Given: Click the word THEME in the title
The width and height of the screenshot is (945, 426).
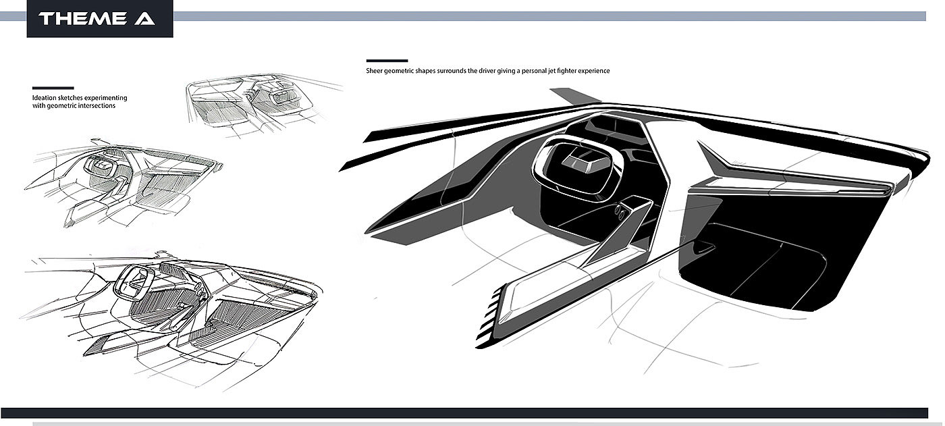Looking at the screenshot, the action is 82,19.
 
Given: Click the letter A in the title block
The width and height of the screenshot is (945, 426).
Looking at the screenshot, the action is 144,19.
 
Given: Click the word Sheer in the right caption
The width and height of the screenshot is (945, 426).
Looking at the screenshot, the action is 374,70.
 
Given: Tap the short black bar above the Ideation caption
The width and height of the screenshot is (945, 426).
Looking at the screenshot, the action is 53,88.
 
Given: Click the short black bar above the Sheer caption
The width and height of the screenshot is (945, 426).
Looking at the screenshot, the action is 387,61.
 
